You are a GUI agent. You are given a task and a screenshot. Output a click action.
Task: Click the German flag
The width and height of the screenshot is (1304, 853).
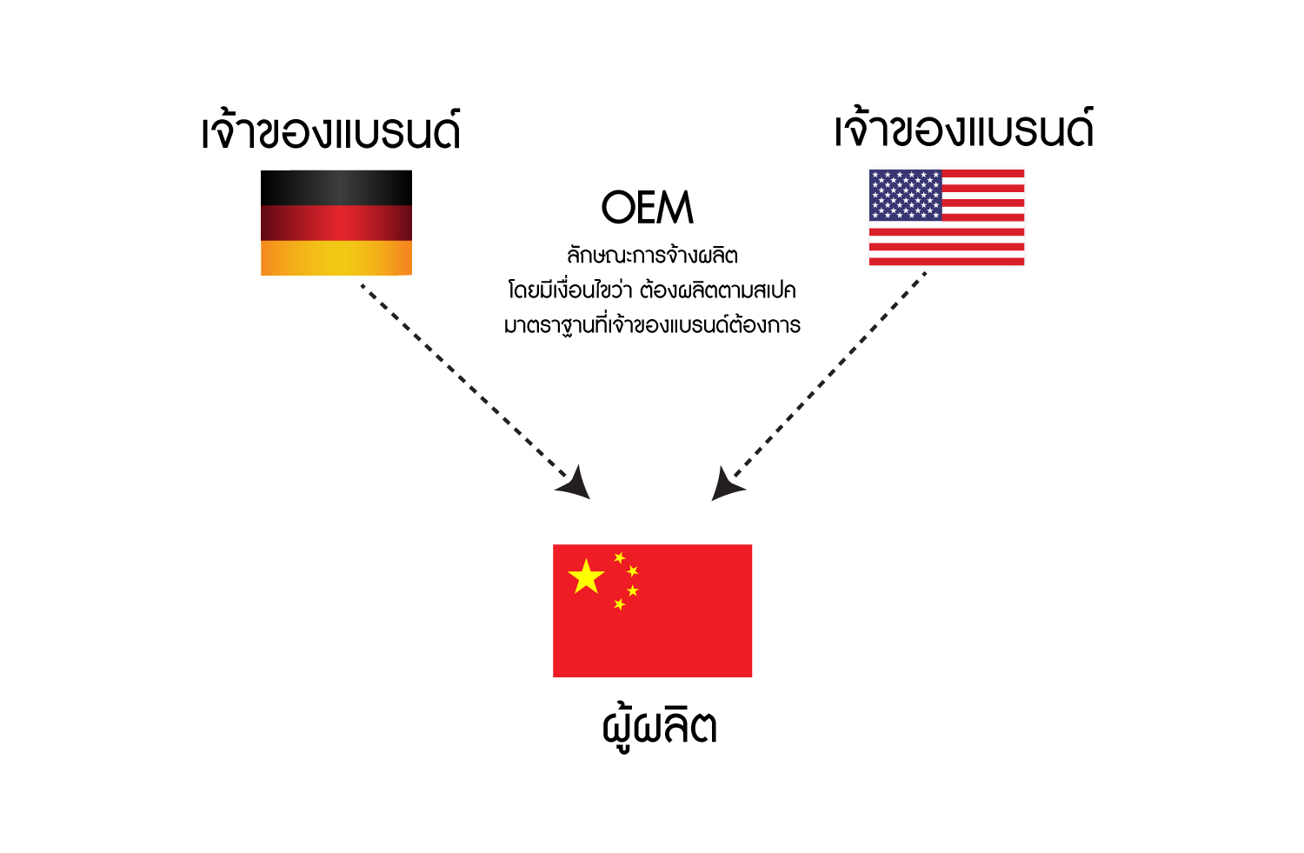(x=336, y=223)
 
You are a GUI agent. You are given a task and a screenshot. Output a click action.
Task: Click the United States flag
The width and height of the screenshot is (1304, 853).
(x=947, y=217)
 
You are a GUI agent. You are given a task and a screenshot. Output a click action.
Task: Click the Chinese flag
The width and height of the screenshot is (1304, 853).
(x=652, y=610)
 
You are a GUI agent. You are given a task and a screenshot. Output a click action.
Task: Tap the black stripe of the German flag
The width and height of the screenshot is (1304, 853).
(x=336, y=188)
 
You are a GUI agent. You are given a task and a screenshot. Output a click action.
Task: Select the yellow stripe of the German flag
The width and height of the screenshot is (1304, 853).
(x=336, y=258)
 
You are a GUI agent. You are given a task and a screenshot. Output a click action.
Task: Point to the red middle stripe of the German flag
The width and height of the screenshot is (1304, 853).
(x=336, y=223)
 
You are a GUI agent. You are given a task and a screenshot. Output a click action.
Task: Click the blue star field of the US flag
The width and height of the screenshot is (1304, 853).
(x=905, y=195)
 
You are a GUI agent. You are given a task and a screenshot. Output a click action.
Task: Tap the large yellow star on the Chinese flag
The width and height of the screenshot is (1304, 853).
(x=586, y=576)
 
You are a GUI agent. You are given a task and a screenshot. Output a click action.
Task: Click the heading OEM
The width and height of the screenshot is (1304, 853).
(x=648, y=207)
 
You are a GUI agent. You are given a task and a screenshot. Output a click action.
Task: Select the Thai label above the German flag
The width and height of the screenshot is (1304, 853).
(x=331, y=130)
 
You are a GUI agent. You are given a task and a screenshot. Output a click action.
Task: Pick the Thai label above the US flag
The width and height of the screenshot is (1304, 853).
(x=964, y=127)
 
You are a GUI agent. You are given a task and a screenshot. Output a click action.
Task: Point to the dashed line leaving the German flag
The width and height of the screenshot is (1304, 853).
(x=464, y=381)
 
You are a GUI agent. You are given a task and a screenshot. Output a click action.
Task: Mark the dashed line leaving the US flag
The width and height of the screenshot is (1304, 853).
(x=830, y=374)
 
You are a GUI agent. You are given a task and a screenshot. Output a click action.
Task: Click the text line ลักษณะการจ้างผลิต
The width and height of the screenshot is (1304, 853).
(x=652, y=255)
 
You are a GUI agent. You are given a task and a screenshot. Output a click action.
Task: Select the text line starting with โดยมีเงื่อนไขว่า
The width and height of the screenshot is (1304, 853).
(x=652, y=290)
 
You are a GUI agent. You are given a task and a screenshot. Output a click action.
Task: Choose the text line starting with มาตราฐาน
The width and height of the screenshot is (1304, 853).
(x=652, y=323)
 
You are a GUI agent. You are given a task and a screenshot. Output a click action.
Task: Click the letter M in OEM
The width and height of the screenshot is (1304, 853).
(x=675, y=207)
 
